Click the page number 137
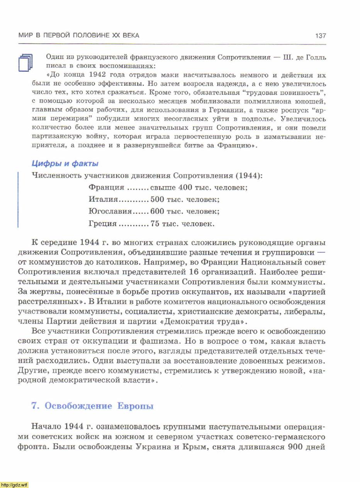pyautogui.click(x=321, y=36)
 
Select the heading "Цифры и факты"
pyautogui.click(x=65, y=164)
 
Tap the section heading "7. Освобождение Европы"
pyautogui.click(x=92, y=406)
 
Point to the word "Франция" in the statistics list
pyautogui.click(x=106, y=188)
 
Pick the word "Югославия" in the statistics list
pyautogui.click(x=110, y=212)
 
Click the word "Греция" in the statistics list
pyautogui.click(x=102, y=224)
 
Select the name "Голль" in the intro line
pyautogui.click(x=316, y=58)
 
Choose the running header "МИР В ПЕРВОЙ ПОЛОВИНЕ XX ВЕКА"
pyautogui.click(x=79, y=36)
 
